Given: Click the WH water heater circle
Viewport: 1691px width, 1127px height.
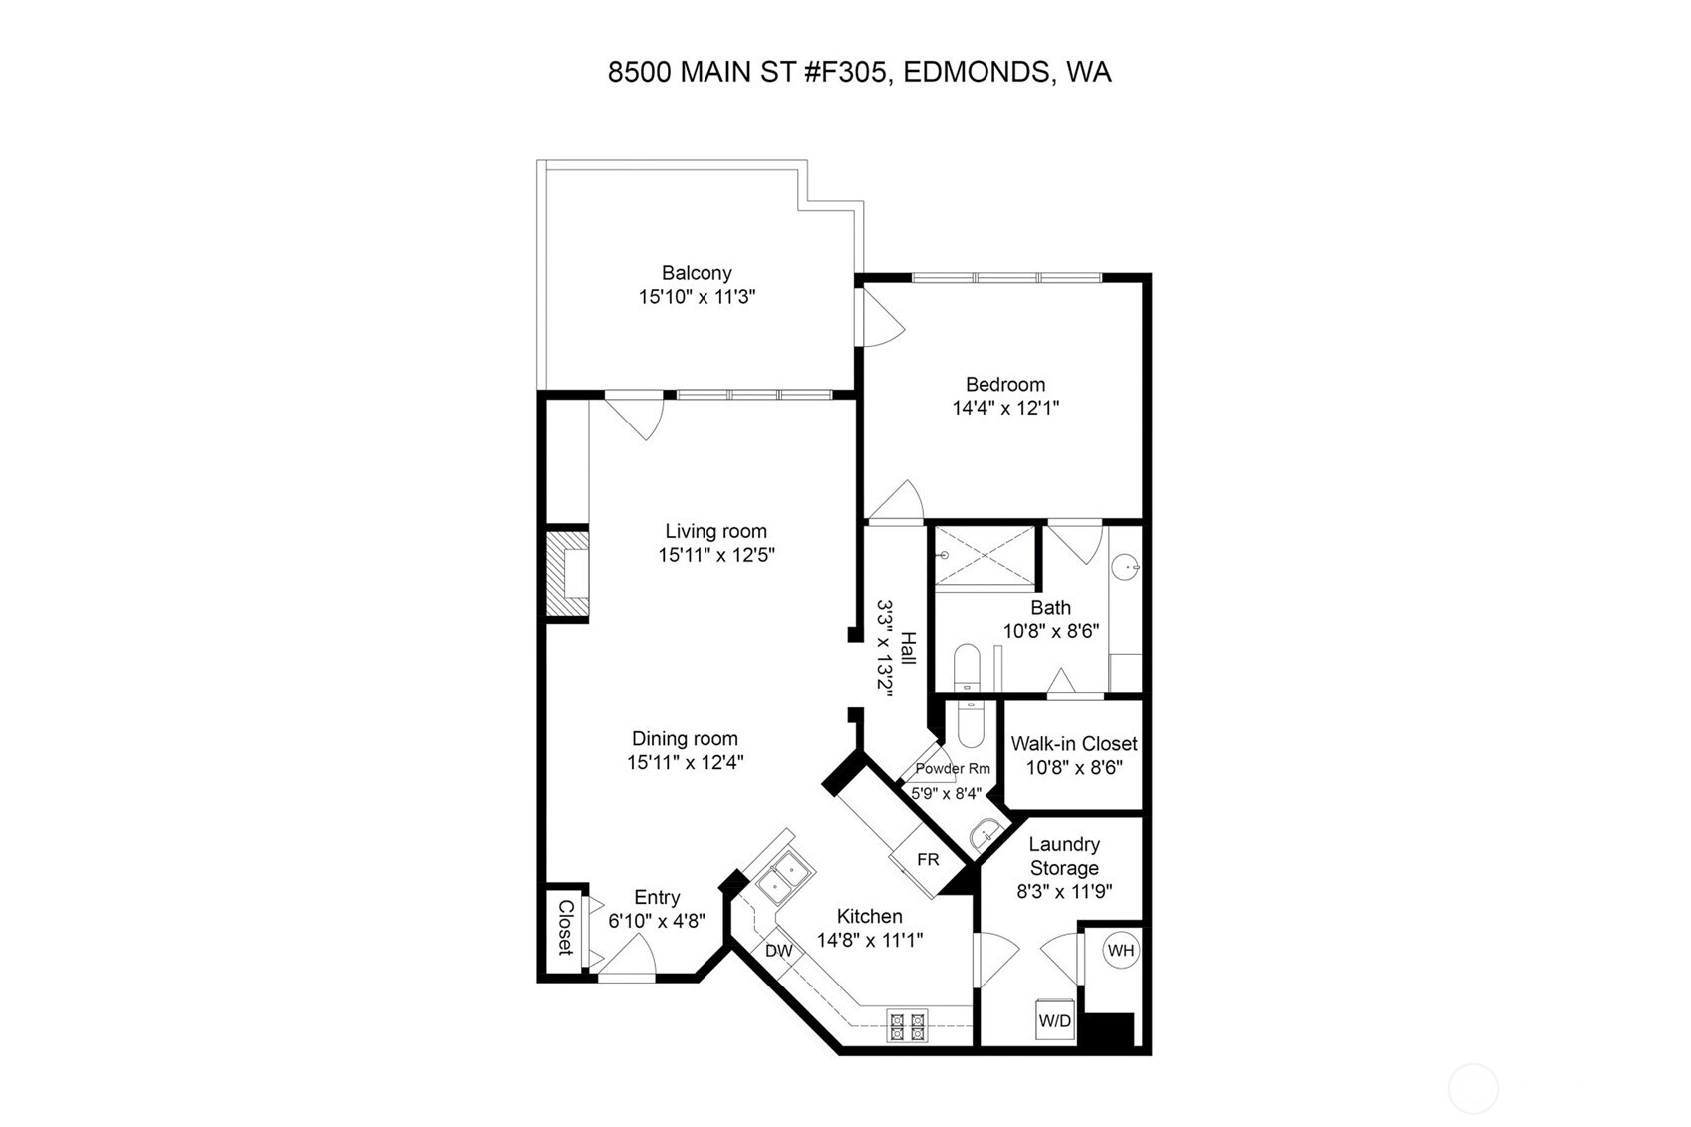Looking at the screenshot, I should click(1120, 950).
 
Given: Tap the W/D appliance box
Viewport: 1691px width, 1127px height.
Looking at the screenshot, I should click(1055, 1020).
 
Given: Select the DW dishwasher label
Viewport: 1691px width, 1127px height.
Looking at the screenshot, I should click(779, 951).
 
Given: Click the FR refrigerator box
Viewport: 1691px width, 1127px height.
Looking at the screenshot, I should click(928, 859).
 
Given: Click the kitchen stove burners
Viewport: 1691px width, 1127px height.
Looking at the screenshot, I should click(907, 1026).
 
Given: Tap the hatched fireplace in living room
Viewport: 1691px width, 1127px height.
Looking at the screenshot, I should click(567, 576).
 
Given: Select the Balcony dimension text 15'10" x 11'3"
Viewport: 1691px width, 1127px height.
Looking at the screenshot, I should click(697, 297).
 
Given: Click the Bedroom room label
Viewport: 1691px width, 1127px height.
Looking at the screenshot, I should click(1005, 384).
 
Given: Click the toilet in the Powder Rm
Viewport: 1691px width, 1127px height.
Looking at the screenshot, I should click(970, 723).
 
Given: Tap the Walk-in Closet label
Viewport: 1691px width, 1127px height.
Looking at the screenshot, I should click(1073, 744).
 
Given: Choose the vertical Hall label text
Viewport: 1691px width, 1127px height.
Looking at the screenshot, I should click(908, 648).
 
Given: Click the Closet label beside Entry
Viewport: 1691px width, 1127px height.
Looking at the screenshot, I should click(565, 927).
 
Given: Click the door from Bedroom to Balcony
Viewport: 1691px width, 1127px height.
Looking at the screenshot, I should click(879, 321).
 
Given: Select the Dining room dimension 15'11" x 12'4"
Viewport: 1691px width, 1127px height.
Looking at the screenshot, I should click(685, 763).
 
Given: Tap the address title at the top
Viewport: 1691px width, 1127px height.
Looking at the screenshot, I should click(859, 72).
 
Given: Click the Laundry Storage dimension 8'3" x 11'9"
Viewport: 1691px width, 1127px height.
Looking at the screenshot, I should click(1064, 892).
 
